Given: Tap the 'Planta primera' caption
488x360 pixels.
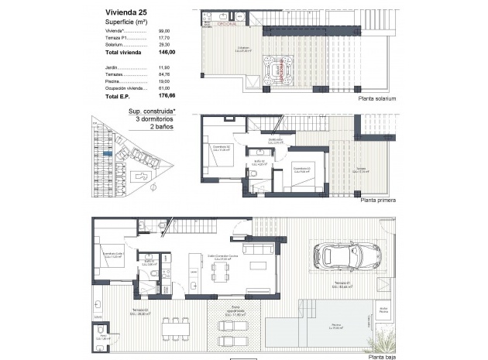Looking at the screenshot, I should [x=378, y=200].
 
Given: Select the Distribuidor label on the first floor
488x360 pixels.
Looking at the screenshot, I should [x=274, y=141].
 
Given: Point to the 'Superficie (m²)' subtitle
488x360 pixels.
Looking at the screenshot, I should [x=125, y=22].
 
